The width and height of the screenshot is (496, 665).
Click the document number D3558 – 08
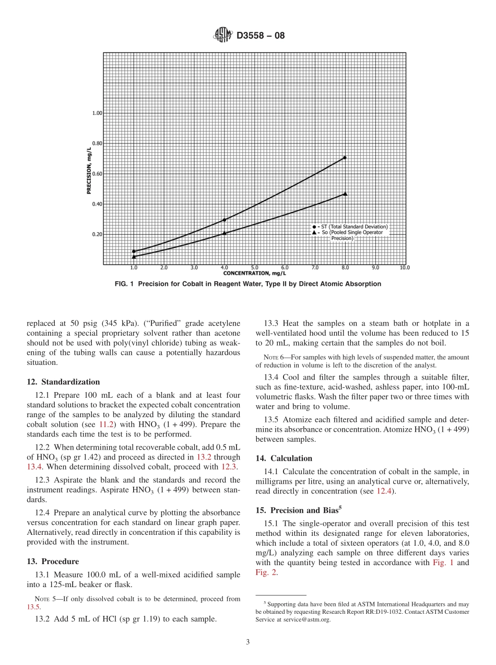coord(261,36)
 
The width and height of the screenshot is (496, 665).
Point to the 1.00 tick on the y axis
coord(98,113)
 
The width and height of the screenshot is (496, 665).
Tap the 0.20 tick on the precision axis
coord(98,234)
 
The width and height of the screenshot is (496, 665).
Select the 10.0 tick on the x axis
coord(405,267)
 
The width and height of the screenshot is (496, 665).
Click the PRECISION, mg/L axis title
coord(89,170)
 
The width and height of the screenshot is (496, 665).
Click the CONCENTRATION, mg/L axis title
coord(254,273)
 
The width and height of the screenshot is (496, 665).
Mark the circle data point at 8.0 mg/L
coord(345,157)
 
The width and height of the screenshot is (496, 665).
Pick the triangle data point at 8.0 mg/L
coord(345,193)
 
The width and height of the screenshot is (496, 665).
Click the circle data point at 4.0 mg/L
coord(224,220)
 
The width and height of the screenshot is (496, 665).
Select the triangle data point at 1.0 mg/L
coord(134,256)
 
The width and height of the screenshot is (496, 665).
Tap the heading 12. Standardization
coord(63,382)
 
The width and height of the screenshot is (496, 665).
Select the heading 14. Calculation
coord(284,458)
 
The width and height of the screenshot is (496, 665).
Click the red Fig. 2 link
coord(264,572)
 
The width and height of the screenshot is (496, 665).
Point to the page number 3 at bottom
coord(248,642)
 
